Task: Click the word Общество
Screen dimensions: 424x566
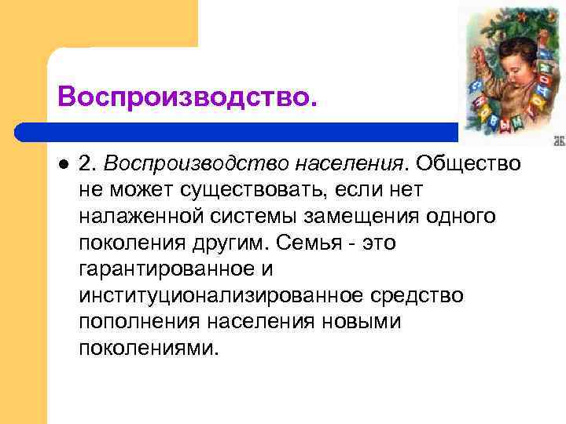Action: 469,163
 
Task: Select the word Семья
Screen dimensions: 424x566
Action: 303,243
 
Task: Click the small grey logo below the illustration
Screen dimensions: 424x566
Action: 560,141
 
